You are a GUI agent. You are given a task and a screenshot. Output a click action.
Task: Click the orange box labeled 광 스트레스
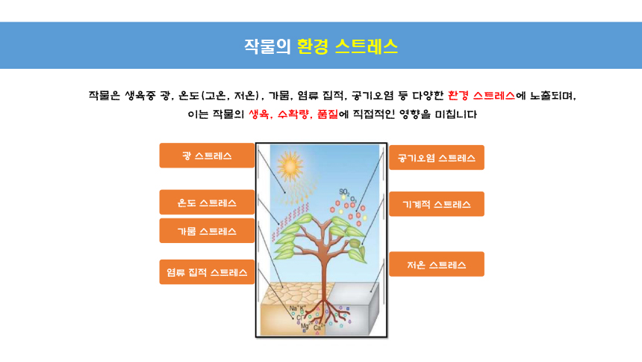pos(207,156)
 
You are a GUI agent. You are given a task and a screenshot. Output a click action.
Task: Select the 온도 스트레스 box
pos(207,203)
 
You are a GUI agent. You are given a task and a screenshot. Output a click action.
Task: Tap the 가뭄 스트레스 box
pos(207,231)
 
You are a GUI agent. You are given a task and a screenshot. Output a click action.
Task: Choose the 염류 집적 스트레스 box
pos(207,272)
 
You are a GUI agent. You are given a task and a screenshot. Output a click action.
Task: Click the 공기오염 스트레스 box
pos(437,158)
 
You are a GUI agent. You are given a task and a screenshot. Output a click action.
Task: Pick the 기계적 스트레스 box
pos(437,204)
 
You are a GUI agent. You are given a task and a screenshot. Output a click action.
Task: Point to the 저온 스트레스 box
pos(437,264)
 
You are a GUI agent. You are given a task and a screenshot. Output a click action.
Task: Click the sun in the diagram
pos(290,166)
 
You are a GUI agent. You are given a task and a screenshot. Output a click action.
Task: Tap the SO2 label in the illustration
pos(344,192)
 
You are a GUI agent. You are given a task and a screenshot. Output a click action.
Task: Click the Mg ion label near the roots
pos(305,326)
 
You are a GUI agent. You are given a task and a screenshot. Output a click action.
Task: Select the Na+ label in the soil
pos(294,309)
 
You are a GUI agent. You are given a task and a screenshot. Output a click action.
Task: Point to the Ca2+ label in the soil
pos(319,327)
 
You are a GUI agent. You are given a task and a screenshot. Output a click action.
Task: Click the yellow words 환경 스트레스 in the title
pos(347,46)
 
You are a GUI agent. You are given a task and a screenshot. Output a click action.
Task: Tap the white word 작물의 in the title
pos(267,46)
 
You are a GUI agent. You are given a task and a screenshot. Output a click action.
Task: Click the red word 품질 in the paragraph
pos(328,114)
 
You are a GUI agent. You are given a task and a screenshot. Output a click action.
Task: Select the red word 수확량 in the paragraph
pos(293,114)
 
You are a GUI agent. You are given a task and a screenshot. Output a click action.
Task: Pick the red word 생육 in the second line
pos(259,114)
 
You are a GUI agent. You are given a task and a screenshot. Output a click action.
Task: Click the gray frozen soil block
pos(353,308)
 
